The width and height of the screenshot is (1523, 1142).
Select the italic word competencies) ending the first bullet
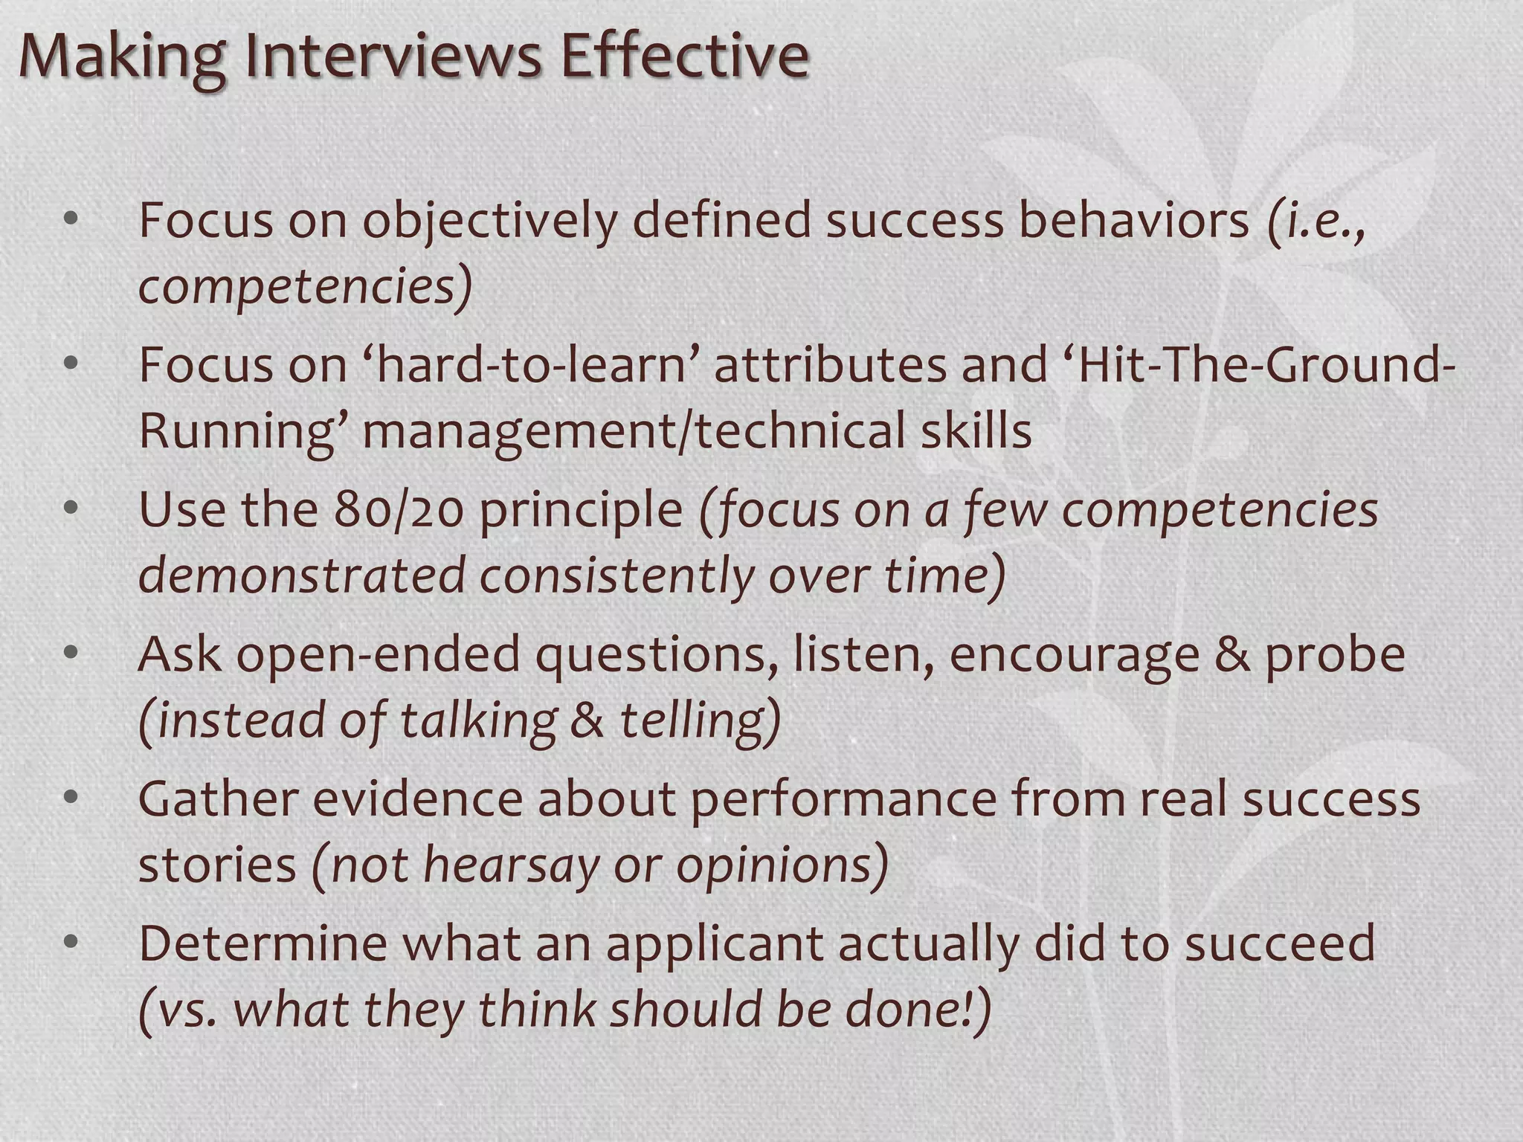(x=305, y=287)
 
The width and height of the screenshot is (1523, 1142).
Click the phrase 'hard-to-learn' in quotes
(x=531, y=366)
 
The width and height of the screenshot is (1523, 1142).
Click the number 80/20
(x=399, y=510)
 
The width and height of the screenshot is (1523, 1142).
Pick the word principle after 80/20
(x=581, y=510)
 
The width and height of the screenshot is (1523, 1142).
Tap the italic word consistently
(x=617, y=575)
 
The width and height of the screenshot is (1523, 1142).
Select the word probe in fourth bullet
(x=1336, y=654)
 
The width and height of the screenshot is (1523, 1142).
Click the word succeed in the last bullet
(x=1279, y=944)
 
